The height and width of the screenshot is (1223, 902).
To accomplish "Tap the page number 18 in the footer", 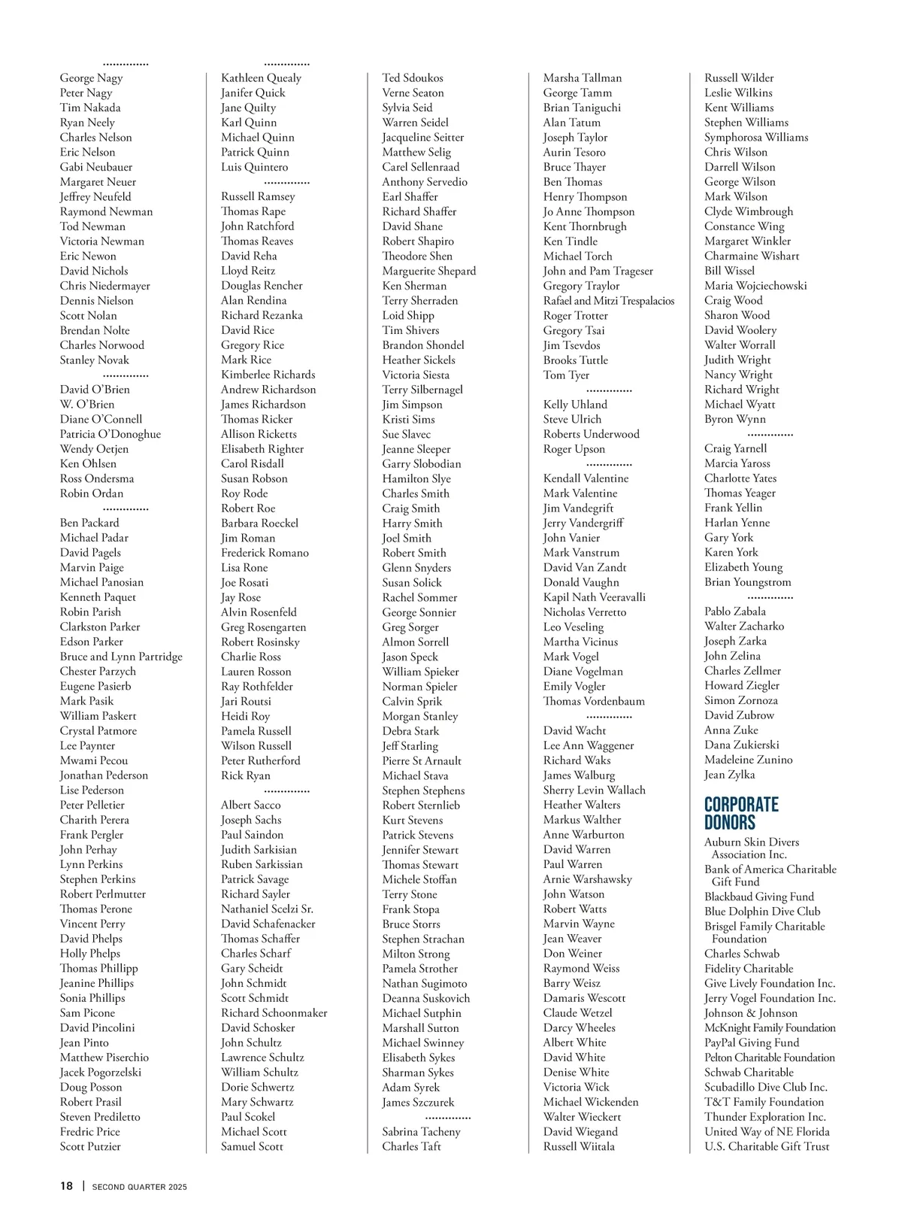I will [67, 1186].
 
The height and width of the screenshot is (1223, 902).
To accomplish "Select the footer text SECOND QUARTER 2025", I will [139, 1187].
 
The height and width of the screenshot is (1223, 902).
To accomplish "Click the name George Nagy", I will [91, 77].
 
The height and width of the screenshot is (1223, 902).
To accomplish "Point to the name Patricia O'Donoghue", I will [110, 434].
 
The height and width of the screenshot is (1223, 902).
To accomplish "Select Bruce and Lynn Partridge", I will [121, 657].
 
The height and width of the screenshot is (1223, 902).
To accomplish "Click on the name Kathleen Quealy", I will [261, 77].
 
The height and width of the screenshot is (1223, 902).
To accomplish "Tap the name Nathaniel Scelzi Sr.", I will [267, 909].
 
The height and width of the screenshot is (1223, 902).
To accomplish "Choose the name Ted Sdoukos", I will [413, 77].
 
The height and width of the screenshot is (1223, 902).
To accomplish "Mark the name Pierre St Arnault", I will [422, 760].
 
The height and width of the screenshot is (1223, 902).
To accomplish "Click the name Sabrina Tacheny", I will [421, 1131].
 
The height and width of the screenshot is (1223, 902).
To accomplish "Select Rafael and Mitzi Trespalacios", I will [609, 301].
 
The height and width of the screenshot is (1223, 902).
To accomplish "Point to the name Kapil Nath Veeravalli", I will [594, 597].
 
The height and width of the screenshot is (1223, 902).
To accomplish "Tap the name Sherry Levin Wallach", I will [594, 790].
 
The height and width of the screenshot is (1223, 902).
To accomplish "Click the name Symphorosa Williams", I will [756, 137].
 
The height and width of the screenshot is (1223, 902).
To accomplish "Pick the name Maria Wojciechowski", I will [755, 286].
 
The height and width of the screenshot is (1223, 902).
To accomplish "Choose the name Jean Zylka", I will [729, 775].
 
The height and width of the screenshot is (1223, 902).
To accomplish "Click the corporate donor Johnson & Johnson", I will [751, 1013].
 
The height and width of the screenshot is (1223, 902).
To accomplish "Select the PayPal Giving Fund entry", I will [752, 1042].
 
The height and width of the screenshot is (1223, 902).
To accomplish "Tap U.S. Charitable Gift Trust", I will [767, 1146].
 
